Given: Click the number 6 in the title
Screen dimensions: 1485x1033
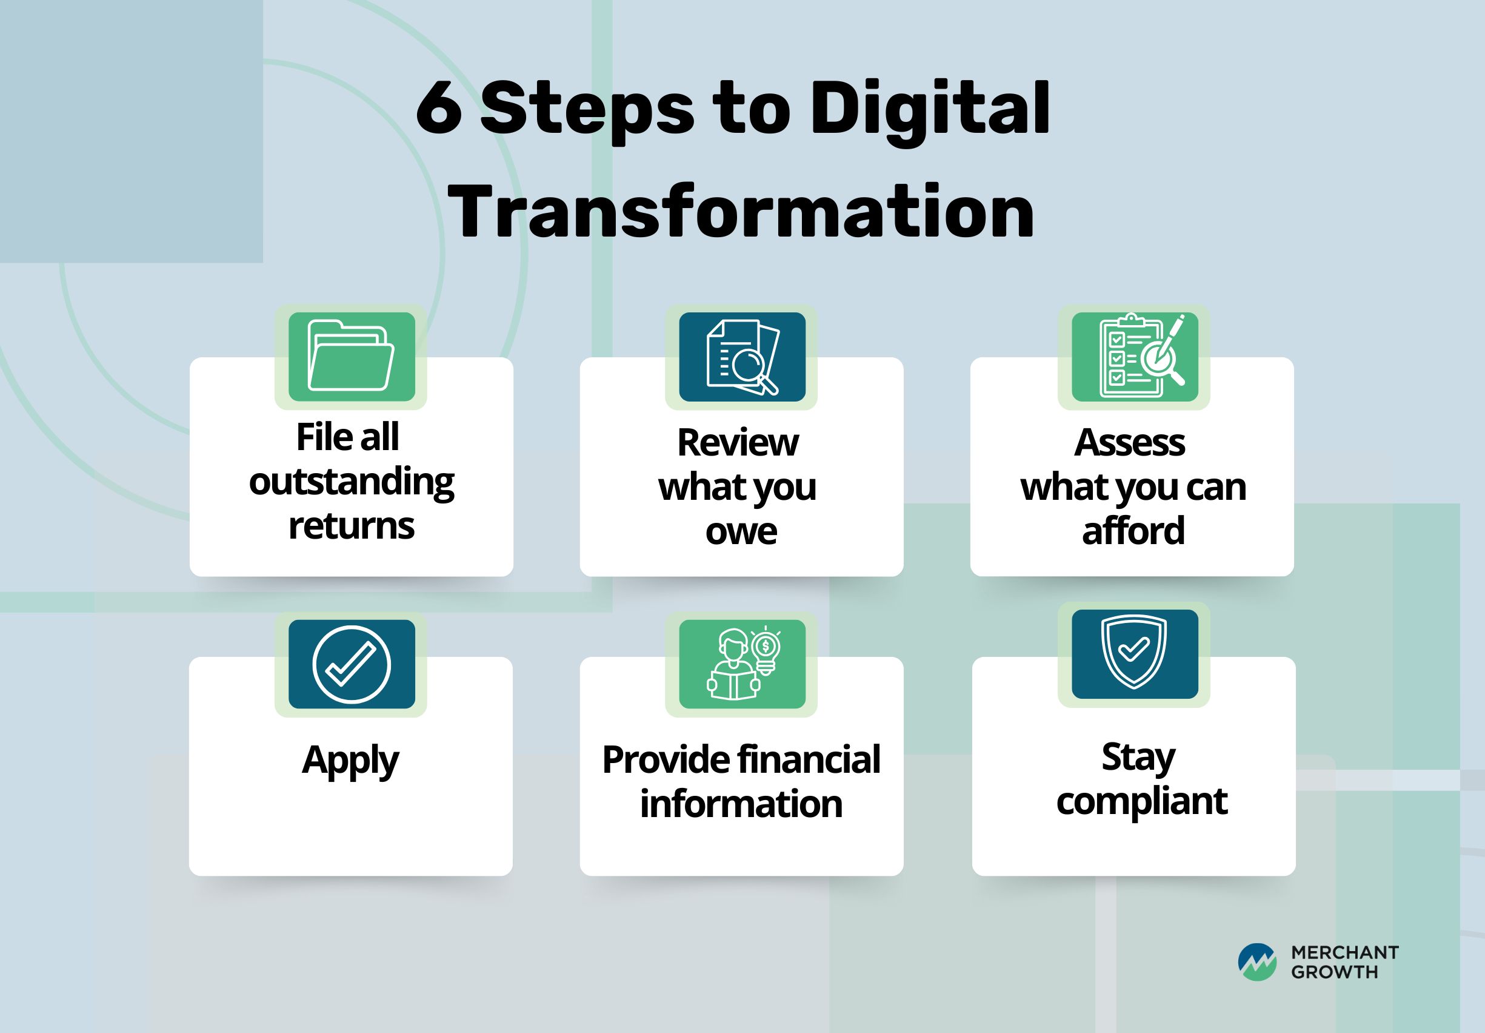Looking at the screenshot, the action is [439, 108].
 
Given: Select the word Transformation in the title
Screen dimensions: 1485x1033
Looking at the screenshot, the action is [741, 212].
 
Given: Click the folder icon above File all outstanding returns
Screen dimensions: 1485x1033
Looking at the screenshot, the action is [351, 355].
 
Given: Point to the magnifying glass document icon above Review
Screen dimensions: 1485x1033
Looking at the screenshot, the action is [743, 357].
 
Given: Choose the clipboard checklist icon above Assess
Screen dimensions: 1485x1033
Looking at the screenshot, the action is [1141, 355].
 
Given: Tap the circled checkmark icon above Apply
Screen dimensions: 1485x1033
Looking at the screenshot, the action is [351, 664].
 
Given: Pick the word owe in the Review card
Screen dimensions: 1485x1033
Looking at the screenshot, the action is [741, 532].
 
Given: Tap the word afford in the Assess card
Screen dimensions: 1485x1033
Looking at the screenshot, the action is [1133, 531].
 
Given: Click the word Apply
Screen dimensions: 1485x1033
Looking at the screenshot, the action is [350, 761].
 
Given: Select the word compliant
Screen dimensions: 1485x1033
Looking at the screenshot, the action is [1141, 803].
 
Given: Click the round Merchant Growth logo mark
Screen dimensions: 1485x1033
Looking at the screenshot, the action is [1257, 962].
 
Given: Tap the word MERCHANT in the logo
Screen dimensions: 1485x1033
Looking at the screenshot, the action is [1346, 953].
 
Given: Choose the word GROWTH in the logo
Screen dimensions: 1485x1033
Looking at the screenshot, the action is [1335, 972].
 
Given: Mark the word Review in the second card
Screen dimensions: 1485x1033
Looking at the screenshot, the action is [738, 443].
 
